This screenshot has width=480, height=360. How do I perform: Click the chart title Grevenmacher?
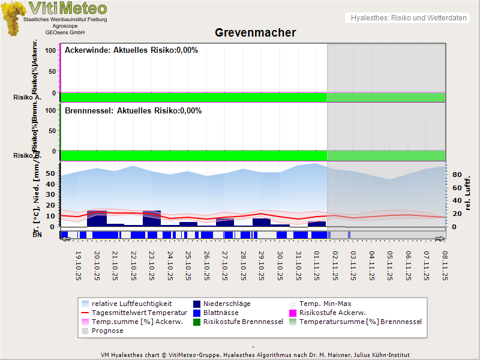tap(255, 32)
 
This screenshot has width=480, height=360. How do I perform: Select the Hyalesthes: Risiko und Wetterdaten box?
tap(407, 18)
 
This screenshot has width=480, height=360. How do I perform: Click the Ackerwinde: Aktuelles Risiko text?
tap(131, 50)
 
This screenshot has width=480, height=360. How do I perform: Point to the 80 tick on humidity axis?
tap(455, 175)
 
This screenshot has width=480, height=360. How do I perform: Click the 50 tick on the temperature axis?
tap(50, 173)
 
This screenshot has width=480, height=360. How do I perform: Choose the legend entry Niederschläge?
tap(227, 304)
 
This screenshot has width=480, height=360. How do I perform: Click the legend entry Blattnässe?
tap(221, 313)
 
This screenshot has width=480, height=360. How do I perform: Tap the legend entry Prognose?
tap(107, 331)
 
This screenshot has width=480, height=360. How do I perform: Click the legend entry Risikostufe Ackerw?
tap(332, 313)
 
